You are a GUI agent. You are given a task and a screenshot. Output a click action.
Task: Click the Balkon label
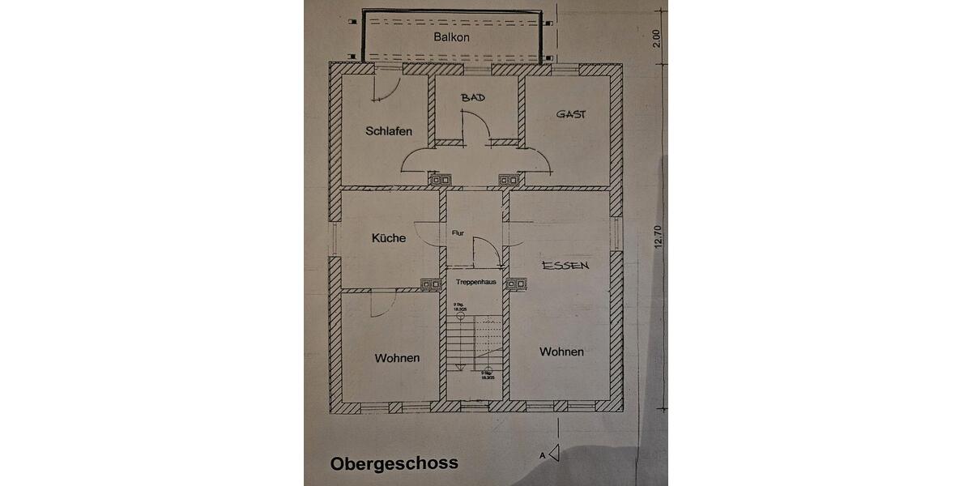pos(451,37)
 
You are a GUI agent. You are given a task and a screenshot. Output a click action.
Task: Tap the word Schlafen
pos(389,130)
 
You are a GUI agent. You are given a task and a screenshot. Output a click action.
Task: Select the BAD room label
pos(473,97)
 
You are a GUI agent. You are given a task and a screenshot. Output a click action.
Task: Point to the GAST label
pos(570,114)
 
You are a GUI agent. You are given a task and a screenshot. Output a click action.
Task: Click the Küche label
pos(389,238)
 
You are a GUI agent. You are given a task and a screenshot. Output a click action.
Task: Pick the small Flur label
pos(458,232)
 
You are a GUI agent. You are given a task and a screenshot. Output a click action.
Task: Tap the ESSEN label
pos(565,265)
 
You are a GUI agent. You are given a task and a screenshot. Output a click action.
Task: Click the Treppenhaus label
pos(476,283)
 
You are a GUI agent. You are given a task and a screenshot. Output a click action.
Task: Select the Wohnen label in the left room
pos(397,357)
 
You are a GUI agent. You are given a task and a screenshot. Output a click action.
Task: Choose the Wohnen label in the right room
pos(561,352)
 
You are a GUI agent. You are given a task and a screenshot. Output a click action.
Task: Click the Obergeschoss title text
pos(394,463)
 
